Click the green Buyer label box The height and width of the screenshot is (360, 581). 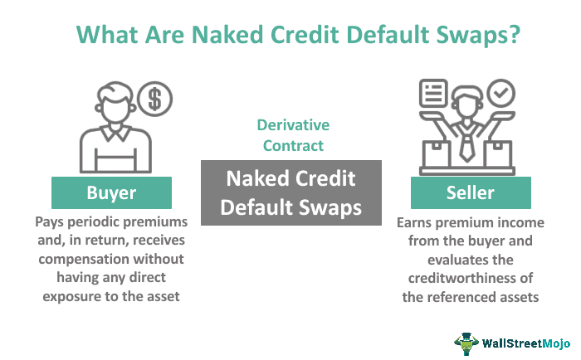point(111,192)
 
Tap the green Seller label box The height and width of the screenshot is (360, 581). point(471,192)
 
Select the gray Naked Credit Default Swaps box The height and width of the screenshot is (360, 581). point(291,192)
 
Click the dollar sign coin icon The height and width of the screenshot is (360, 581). point(155,99)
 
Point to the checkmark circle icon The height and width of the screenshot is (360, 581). point(501,93)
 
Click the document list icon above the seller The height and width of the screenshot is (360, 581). point(433,93)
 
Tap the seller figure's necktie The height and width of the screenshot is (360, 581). point(466,148)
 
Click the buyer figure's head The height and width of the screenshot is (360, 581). point(115,102)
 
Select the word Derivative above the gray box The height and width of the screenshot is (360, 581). point(293,125)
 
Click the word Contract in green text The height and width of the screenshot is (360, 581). point(293,145)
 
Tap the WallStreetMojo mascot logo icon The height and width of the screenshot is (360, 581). point(466,343)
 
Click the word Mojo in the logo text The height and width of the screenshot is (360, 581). point(556,343)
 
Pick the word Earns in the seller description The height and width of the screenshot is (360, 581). point(415,222)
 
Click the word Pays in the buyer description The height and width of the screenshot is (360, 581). point(49,221)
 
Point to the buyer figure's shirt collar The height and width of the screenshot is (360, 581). point(115,133)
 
